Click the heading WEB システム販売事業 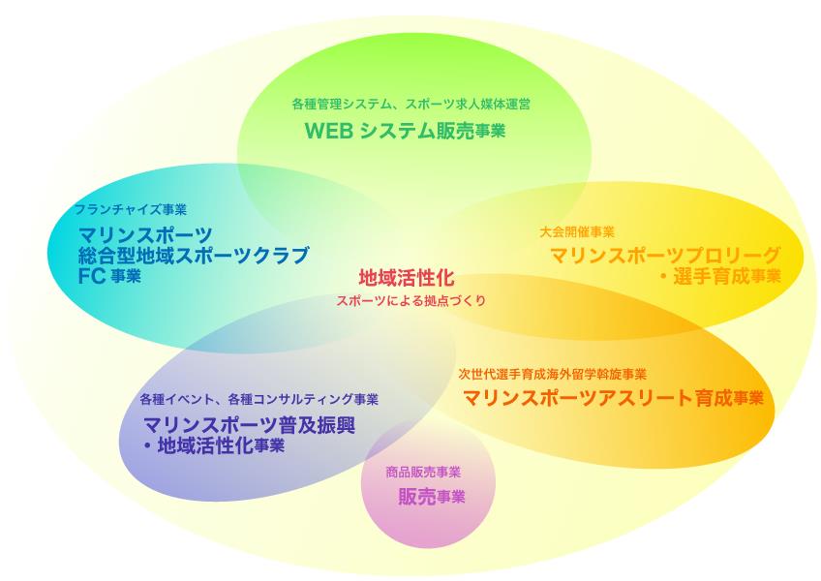(405, 131)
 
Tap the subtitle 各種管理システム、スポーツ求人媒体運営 (411, 104)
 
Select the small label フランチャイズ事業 (131, 209)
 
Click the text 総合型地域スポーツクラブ (194, 255)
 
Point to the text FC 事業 (109, 276)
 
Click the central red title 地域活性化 (407, 278)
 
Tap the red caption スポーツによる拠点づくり (411, 301)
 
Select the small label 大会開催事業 (576, 231)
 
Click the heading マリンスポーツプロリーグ (665, 255)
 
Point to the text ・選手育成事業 (719, 276)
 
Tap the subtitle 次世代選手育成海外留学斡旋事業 (553, 374)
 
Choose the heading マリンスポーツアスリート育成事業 (613, 398)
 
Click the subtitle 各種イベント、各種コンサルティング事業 (258, 399)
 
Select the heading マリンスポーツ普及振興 (249, 425)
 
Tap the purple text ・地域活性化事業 (214, 445)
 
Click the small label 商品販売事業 (423, 473)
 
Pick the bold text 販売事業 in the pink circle (432, 496)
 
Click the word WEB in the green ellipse (329, 131)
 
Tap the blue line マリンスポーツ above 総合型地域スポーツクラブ (145, 234)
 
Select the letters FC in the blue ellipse (92, 276)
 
